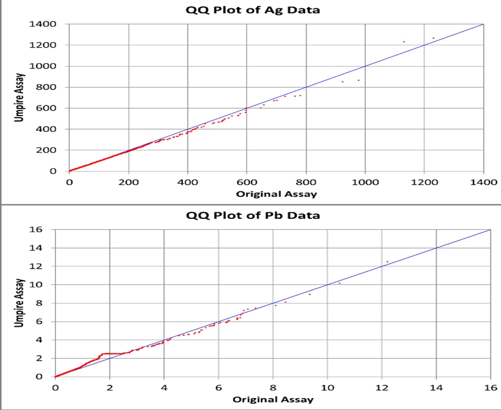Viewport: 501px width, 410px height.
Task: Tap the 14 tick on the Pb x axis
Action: (x=436, y=388)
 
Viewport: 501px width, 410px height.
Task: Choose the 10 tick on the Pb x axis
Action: (x=327, y=388)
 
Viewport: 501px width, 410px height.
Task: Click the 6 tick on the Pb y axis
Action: (x=41, y=322)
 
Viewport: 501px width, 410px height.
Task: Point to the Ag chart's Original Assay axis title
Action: (x=276, y=194)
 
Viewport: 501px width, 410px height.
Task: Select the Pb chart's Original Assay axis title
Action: (x=273, y=399)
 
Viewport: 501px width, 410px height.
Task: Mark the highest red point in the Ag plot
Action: (x=433, y=38)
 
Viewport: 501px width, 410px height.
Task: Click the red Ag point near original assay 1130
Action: (x=403, y=42)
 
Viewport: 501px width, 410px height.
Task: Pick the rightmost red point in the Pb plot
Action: (x=387, y=261)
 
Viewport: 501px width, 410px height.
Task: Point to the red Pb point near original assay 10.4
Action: (x=340, y=283)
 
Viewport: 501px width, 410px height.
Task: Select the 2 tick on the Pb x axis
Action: (x=110, y=388)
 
